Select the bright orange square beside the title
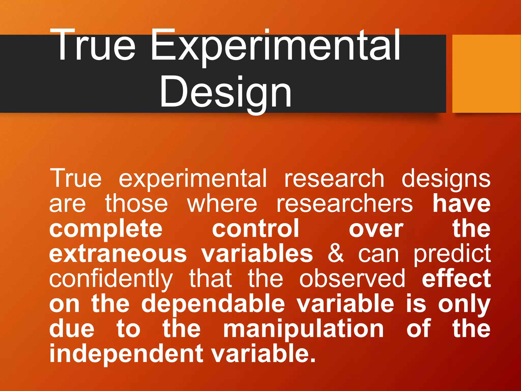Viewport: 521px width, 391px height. (x=486, y=74)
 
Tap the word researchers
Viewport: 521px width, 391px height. (x=344, y=204)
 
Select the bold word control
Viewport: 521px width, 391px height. (x=255, y=228)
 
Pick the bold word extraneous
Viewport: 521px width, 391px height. (x=118, y=254)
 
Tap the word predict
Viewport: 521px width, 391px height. (x=452, y=254)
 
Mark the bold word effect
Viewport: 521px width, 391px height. (x=456, y=278)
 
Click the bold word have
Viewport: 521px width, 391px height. (x=461, y=204)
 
